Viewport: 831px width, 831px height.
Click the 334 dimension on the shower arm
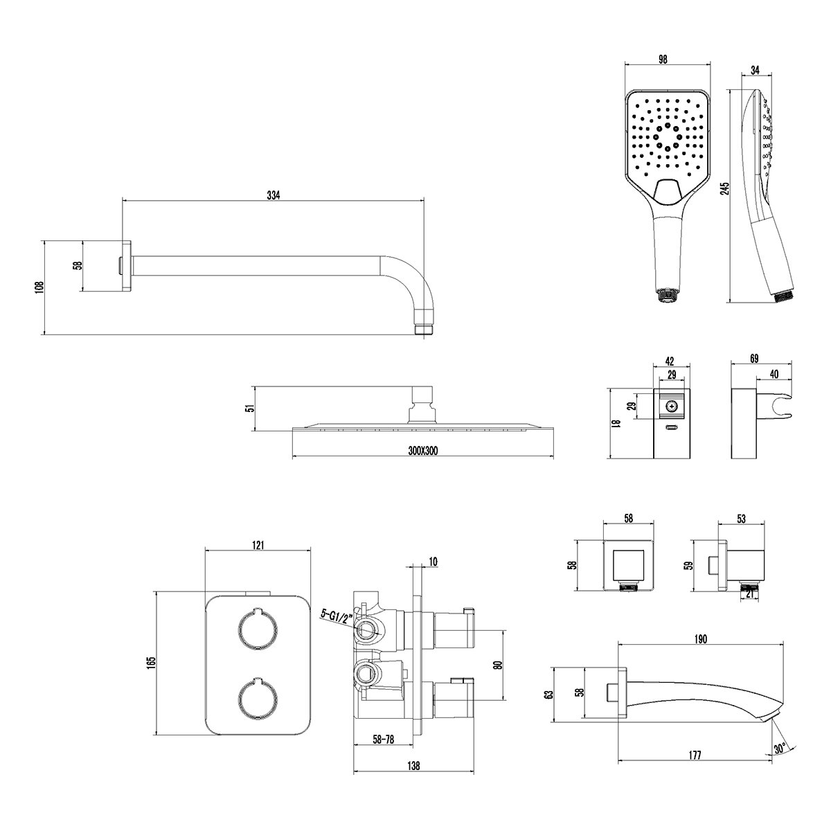(x=274, y=195)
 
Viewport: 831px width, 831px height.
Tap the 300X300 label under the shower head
(x=422, y=451)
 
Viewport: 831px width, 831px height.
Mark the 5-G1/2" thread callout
(x=337, y=614)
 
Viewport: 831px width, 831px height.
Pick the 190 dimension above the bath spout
(x=700, y=639)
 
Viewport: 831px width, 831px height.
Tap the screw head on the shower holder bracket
(x=670, y=406)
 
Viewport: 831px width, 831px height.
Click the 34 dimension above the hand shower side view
(x=755, y=69)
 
